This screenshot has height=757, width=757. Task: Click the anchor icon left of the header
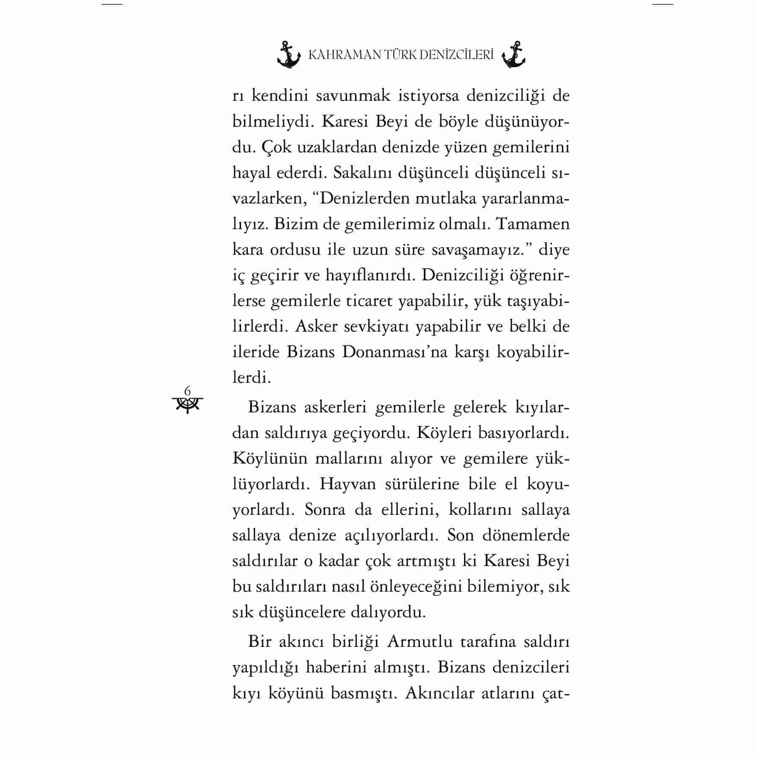click(x=289, y=55)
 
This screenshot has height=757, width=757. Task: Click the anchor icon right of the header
click(x=513, y=55)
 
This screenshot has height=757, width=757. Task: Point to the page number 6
click(x=188, y=390)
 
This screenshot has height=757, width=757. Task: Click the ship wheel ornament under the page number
click(x=188, y=405)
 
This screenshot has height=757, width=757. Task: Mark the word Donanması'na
click(x=395, y=352)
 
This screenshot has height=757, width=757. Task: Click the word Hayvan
click(x=348, y=484)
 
